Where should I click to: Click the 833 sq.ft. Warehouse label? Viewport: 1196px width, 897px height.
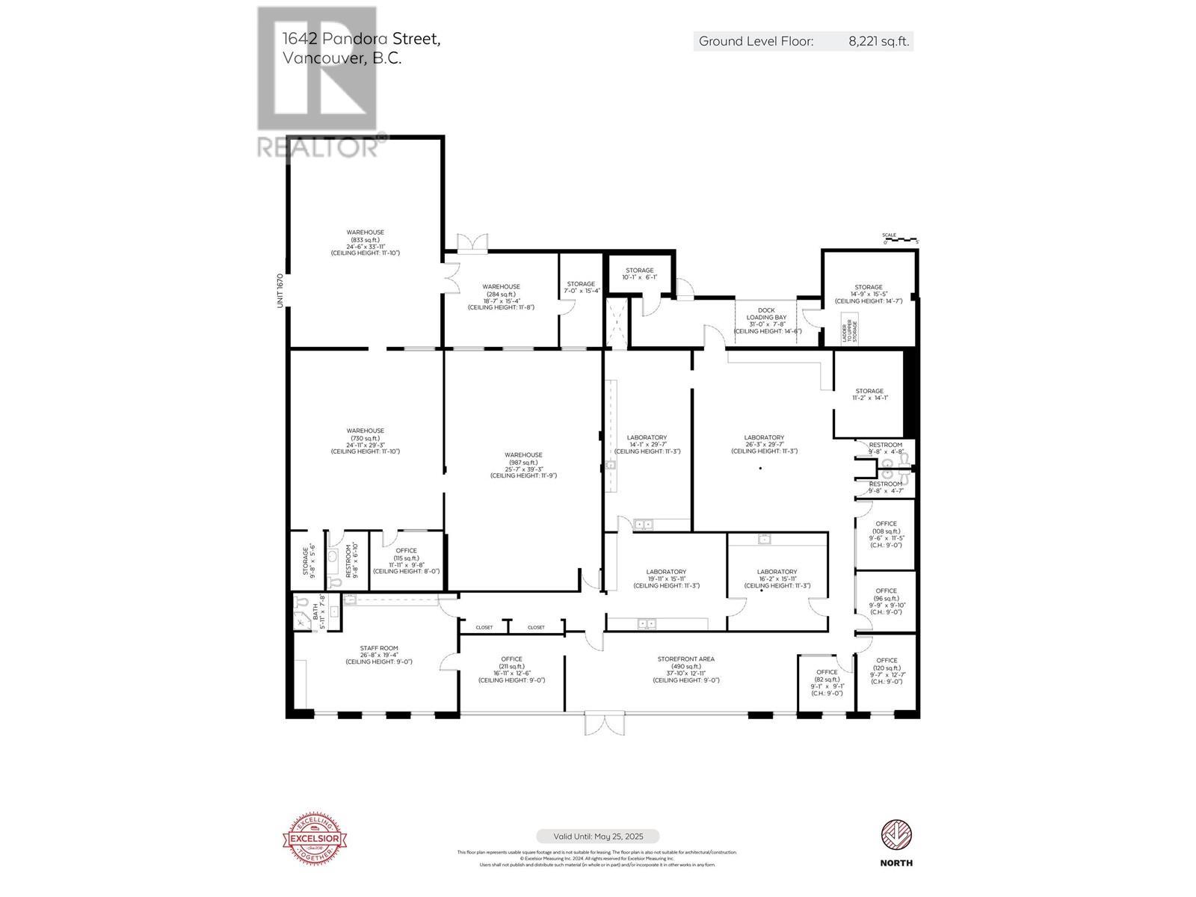coord(365,243)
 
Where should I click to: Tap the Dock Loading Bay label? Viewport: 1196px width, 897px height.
coord(767,320)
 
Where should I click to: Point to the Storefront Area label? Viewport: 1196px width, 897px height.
coord(685,670)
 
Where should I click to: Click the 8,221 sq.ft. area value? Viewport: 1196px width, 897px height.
coord(878,42)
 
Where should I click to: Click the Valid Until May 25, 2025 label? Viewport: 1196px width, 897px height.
coord(597,836)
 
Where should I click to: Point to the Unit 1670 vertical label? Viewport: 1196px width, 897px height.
coord(280,290)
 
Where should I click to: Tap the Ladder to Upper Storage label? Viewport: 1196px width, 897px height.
coord(850,329)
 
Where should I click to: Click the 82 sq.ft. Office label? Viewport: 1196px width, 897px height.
coord(827,682)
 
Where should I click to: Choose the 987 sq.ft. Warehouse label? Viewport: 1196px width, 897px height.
coord(523,465)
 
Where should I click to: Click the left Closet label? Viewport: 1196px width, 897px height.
coord(484,627)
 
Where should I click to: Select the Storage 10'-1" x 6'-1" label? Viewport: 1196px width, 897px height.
coord(639,274)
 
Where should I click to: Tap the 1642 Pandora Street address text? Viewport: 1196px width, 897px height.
coord(361,39)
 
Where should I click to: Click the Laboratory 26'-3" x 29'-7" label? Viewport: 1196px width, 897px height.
coord(764,444)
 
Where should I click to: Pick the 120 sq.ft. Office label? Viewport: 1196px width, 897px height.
coord(887,671)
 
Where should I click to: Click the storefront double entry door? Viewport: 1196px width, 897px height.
coord(602,722)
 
